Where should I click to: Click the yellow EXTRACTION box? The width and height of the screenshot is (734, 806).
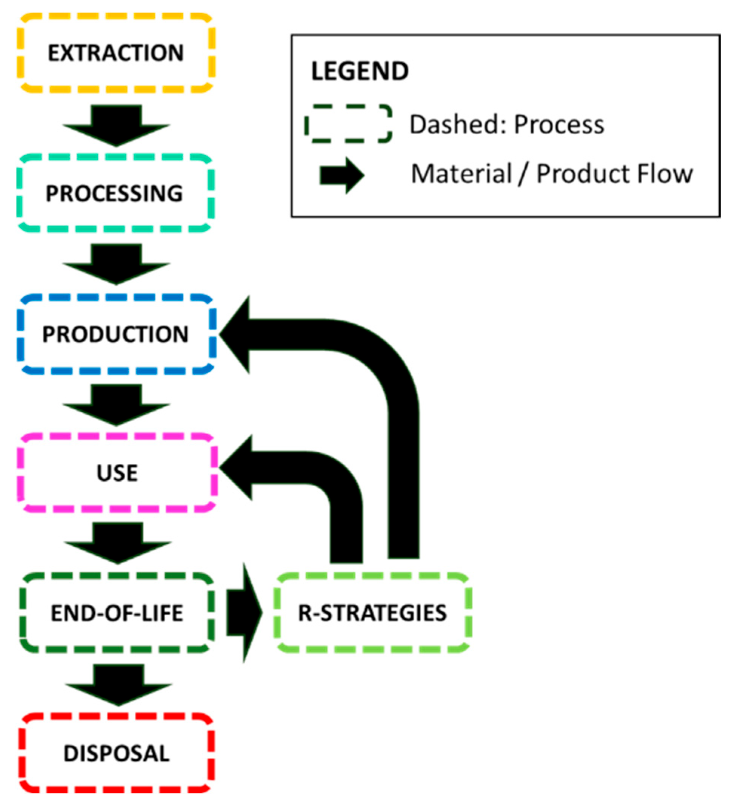click(116, 53)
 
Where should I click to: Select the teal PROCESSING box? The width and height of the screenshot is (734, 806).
click(115, 193)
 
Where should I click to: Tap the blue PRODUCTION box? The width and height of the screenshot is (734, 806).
click(117, 334)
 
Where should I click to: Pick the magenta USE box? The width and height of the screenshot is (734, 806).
click(117, 473)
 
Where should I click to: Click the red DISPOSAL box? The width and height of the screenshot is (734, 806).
click(117, 753)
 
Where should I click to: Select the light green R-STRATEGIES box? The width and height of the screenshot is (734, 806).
click(372, 613)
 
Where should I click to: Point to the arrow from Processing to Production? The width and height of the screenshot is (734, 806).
click(116, 264)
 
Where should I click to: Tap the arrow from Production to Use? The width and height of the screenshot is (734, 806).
click(116, 405)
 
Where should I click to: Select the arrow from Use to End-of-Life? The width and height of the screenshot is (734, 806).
click(118, 543)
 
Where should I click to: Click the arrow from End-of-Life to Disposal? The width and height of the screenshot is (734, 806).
click(118, 685)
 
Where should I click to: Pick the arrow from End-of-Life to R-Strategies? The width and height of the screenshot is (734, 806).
click(244, 613)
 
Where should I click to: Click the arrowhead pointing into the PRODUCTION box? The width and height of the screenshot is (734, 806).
click(236, 335)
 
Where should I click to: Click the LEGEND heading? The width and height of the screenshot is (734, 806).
click(360, 71)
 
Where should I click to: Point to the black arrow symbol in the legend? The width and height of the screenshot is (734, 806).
click(342, 176)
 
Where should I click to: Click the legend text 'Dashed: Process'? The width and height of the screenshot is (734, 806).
click(507, 124)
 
